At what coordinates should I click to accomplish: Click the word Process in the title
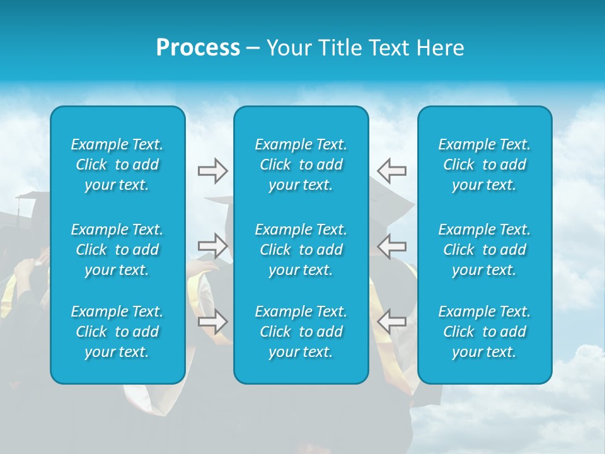(x=198, y=48)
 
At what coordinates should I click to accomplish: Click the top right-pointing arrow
(x=212, y=171)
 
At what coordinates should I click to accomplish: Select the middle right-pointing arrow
(x=212, y=246)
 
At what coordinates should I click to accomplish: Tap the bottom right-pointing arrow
(x=212, y=322)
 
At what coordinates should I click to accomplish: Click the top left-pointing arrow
(x=391, y=171)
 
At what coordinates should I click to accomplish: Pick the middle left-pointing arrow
(x=391, y=246)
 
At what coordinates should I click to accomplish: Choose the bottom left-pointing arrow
(x=391, y=322)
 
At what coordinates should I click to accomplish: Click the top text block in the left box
(x=117, y=165)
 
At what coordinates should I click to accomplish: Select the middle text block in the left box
(x=117, y=250)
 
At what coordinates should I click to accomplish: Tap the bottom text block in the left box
(x=117, y=332)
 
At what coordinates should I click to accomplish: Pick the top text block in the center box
(x=301, y=165)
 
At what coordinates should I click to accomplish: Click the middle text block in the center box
(x=301, y=250)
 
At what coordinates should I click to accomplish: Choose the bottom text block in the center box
(x=301, y=332)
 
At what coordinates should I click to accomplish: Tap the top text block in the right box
(x=484, y=165)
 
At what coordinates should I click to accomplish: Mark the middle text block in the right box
(x=484, y=250)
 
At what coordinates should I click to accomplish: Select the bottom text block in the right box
(x=484, y=332)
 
